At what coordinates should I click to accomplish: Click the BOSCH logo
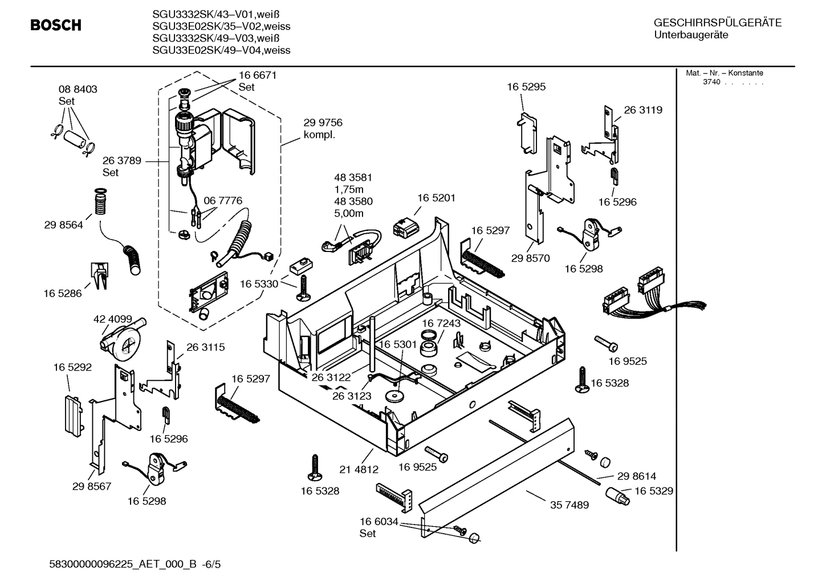pyautogui.click(x=56, y=25)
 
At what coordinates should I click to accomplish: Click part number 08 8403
pyautogui.click(x=78, y=90)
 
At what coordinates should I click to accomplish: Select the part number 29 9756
pyautogui.click(x=323, y=123)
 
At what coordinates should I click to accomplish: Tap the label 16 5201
pyautogui.click(x=436, y=198)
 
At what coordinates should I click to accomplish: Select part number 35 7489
pyautogui.click(x=569, y=505)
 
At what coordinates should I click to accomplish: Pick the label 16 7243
pyautogui.click(x=441, y=323)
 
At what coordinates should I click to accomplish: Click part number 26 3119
pyautogui.click(x=643, y=110)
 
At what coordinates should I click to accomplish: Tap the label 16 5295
pyautogui.click(x=526, y=87)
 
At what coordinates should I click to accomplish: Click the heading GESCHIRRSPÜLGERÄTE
pyautogui.click(x=718, y=23)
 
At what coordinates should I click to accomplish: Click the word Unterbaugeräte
pyautogui.click(x=691, y=35)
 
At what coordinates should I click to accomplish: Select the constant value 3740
pyautogui.click(x=711, y=82)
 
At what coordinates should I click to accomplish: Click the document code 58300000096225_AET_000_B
pyautogui.click(x=124, y=564)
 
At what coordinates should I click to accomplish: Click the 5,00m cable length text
pyautogui.click(x=349, y=213)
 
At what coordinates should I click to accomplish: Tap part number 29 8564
pyautogui.click(x=63, y=225)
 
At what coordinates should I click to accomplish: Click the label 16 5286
pyautogui.click(x=63, y=294)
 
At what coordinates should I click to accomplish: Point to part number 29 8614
pyautogui.click(x=636, y=476)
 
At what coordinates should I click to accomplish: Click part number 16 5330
pyautogui.click(x=259, y=284)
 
